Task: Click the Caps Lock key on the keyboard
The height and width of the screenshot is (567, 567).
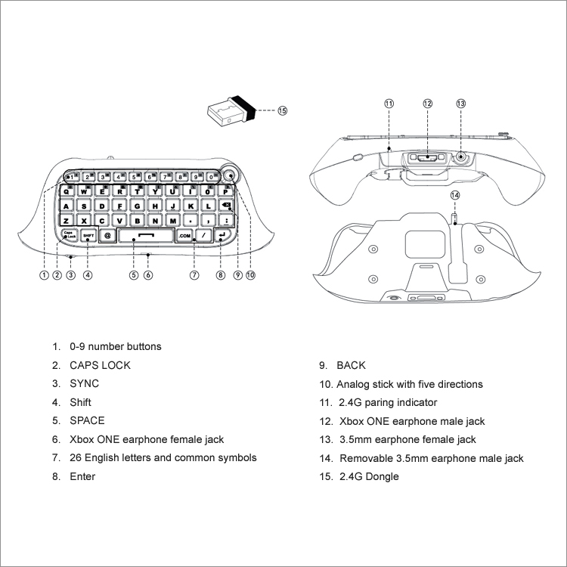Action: click(69, 235)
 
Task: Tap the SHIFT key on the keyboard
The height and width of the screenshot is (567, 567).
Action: click(88, 235)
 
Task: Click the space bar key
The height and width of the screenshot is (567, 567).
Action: click(146, 235)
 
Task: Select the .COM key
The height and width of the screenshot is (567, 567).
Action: click(184, 236)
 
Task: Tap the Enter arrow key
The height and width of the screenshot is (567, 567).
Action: click(222, 235)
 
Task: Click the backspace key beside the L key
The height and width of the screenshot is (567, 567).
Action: click(226, 206)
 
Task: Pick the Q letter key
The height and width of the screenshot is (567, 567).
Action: click(67, 191)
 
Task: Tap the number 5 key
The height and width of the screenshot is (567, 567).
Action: click(135, 177)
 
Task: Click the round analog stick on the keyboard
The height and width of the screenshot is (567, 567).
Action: click(230, 176)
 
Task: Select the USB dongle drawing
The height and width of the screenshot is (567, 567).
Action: click(231, 111)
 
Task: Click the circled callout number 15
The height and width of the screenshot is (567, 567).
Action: click(283, 110)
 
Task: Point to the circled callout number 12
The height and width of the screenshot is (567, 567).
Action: click(427, 104)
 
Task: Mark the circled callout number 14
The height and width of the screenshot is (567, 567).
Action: click(455, 195)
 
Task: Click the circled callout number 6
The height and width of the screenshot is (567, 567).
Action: click(148, 275)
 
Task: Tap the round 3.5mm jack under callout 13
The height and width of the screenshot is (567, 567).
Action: click(460, 157)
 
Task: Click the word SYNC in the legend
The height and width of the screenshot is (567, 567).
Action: click(84, 383)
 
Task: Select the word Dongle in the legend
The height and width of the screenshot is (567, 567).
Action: click(383, 476)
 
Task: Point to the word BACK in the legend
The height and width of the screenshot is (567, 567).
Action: click(351, 365)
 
